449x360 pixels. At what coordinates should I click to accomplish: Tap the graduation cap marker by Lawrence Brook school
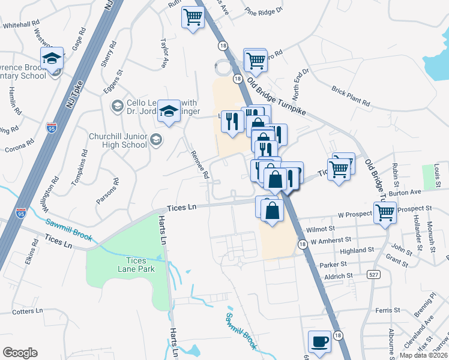52,59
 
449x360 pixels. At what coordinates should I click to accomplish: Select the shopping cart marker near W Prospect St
385,212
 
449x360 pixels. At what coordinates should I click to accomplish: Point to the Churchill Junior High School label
118,140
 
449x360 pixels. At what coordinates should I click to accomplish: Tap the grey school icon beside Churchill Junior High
156,140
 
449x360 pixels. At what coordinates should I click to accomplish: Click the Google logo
20,352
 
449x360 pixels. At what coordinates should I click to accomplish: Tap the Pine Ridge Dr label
264,10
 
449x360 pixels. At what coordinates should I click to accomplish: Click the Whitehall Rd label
20,26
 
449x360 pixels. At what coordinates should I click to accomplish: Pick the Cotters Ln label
28,311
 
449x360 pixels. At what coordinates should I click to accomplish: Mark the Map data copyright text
423,355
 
